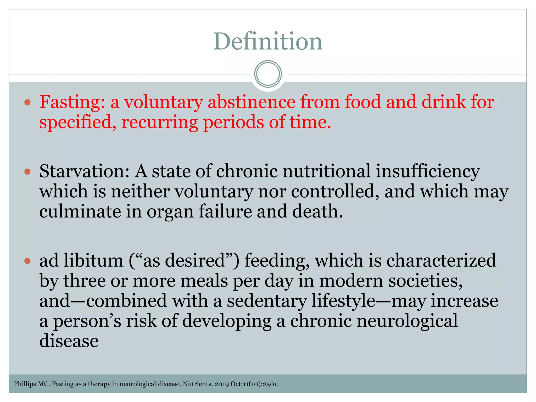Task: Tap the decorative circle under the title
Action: click(x=268, y=74)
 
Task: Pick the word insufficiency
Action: click(x=428, y=172)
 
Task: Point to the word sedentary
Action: click(x=267, y=301)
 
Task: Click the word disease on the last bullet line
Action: click(x=69, y=341)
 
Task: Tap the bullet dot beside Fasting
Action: click(x=27, y=102)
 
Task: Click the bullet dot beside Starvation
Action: click(x=27, y=172)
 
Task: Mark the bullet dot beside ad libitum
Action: click(x=27, y=261)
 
